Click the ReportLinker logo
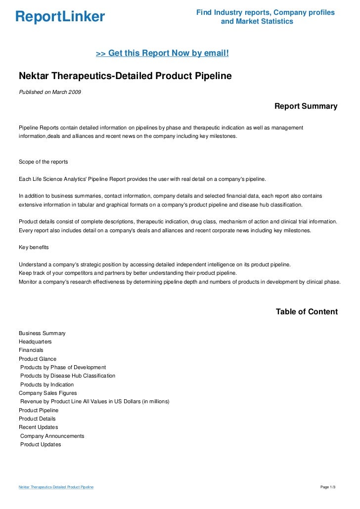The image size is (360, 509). click(60, 17)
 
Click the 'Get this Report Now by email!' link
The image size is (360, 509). click(162, 52)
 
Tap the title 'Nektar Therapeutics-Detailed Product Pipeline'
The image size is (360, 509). click(125, 76)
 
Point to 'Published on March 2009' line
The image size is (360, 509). click(50, 92)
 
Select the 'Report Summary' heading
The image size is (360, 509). click(306, 106)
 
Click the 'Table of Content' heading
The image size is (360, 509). click(307, 312)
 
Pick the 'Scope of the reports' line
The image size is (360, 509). click(44, 162)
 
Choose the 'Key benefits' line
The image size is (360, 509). click(34, 247)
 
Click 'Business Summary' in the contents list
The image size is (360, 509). click(42, 334)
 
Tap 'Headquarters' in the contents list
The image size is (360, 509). click(35, 342)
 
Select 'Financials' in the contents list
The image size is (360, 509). click(31, 350)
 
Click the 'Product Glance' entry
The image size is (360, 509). click(38, 359)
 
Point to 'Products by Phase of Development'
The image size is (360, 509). click(63, 368)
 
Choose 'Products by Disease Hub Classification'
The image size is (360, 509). click(68, 376)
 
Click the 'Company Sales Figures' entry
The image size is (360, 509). click(47, 393)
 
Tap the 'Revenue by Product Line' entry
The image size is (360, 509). click(95, 402)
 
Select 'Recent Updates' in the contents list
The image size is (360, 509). click(38, 427)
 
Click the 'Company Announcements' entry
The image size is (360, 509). click(52, 436)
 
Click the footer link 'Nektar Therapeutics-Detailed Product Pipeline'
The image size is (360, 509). click(56, 488)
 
